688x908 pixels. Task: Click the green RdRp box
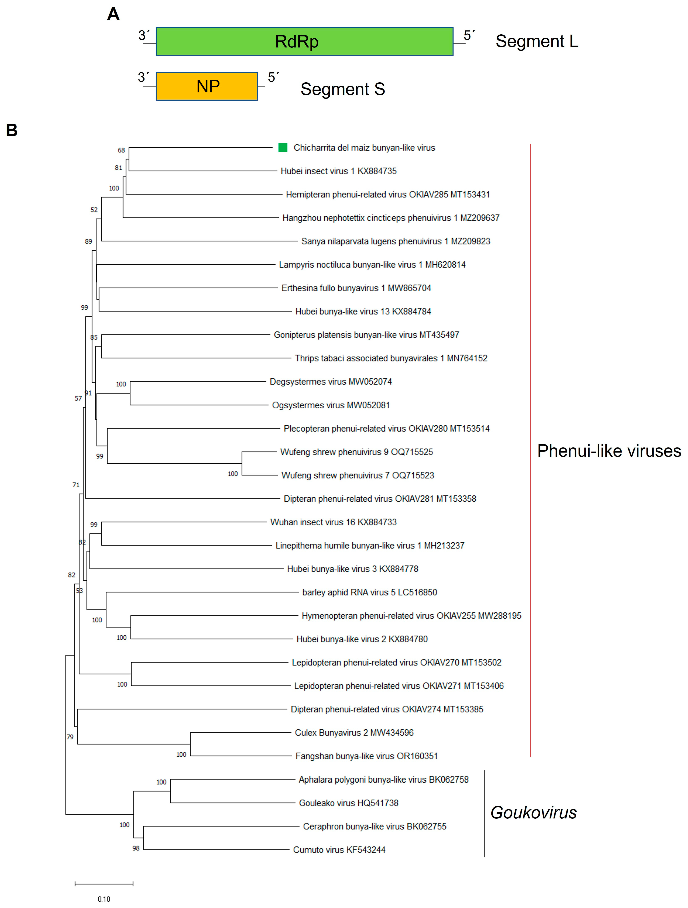304,41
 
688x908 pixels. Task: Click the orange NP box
207,86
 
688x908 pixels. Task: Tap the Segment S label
342,89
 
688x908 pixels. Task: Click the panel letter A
113,14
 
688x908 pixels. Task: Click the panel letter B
12,131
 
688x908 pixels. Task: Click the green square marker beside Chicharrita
283,147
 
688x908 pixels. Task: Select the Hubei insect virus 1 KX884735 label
339,171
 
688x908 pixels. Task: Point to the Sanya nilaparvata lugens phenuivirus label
395,241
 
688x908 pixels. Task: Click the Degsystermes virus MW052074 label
331,382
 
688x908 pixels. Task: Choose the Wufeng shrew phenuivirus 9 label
356,452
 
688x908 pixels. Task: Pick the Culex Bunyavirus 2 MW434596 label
354,733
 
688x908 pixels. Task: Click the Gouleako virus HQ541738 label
348,803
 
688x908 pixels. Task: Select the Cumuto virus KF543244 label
339,850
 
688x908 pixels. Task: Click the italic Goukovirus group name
533,813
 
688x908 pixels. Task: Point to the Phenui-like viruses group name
609,451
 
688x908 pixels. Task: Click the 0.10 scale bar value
104,899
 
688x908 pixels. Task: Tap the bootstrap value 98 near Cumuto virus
136,848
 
